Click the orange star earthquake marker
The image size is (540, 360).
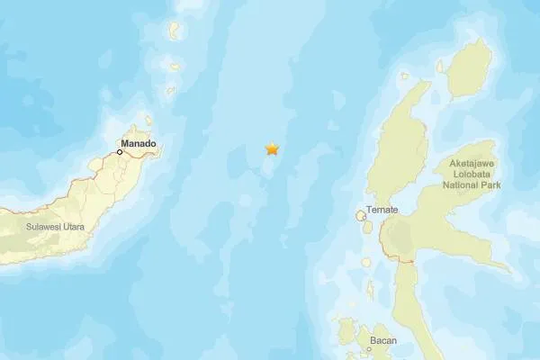click(271, 149)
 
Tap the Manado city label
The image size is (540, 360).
click(139, 143)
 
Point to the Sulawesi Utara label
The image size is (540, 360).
click(55, 227)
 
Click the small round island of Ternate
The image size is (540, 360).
click(362, 216)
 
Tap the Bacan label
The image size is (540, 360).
click(382, 341)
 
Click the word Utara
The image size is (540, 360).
click(71, 227)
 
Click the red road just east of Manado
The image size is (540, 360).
click(144, 156)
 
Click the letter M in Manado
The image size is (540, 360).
click(125, 143)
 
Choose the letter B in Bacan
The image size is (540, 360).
click(372, 341)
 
